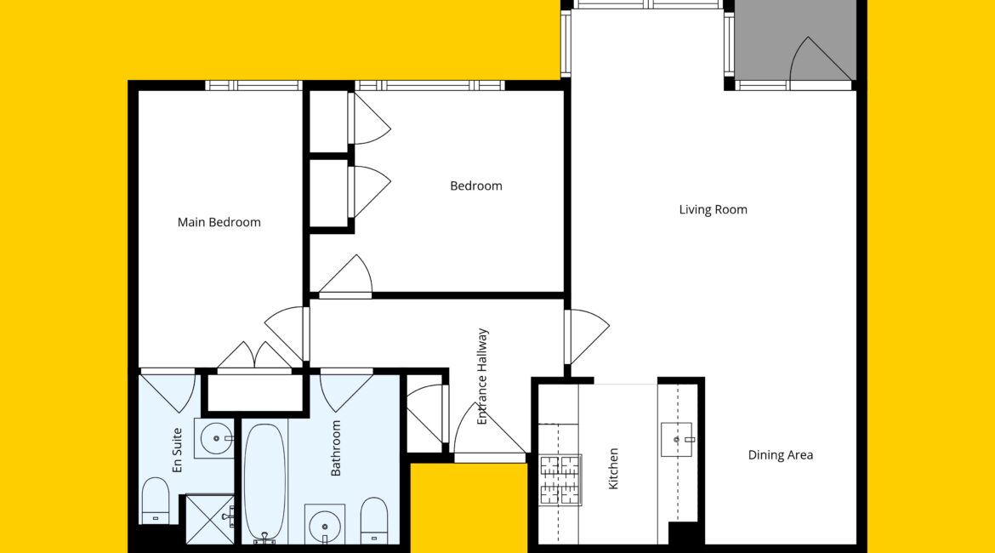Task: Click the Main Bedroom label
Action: tap(219, 222)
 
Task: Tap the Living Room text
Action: tap(714, 209)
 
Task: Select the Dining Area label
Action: tap(781, 454)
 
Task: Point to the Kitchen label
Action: tap(613, 469)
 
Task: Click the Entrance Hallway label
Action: tap(482, 377)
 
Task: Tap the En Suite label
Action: tap(177, 450)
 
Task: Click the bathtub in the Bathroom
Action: tap(264, 483)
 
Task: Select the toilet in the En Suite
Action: tap(156, 500)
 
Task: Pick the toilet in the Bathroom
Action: tap(373, 520)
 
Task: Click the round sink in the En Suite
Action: tap(216, 438)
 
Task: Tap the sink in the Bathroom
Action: tap(325, 526)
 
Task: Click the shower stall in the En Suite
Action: tap(210, 519)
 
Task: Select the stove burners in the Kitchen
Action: tap(560, 480)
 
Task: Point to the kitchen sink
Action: tap(676, 439)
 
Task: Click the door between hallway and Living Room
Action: tap(587, 337)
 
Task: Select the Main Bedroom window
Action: tap(253, 86)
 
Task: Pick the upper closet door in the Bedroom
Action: tap(370, 119)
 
